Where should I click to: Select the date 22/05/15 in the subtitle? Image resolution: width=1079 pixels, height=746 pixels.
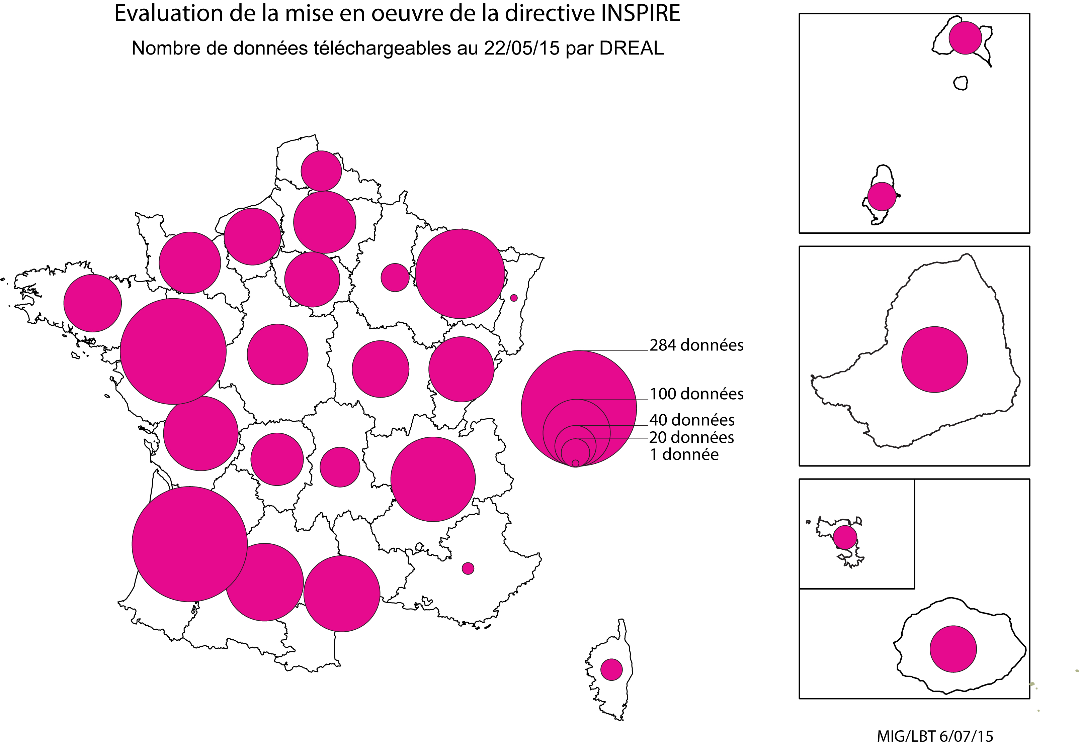click(521, 48)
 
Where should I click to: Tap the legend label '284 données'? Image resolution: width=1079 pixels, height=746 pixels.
click(696, 345)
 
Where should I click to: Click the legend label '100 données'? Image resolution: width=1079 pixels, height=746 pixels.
click(696, 394)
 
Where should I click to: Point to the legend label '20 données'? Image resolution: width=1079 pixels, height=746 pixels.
click(691, 437)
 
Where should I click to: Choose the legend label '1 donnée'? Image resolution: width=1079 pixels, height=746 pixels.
click(684, 454)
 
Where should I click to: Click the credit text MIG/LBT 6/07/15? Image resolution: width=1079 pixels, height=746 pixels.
click(934, 736)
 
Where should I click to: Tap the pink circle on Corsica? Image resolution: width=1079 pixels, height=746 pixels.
click(611, 669)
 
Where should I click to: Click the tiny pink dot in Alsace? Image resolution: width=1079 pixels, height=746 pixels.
click(513, 298)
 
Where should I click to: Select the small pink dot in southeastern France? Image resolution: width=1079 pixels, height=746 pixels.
click(468, 568)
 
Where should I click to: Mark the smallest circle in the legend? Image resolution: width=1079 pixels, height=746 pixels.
click(575, 463)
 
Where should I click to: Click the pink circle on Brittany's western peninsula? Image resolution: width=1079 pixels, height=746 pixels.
click(93, 303)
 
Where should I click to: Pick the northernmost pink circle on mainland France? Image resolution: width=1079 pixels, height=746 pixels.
click(321, 171)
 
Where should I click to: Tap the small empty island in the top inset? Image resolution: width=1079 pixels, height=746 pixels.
click(960, 83)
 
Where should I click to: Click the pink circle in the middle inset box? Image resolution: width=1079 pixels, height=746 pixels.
click(934, 359)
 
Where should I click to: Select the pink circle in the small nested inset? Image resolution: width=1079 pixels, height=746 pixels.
click(845, 537)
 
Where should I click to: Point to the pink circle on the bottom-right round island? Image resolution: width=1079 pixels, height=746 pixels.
click(953, 649)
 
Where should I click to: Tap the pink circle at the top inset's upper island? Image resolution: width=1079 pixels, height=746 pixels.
click(965, 37)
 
